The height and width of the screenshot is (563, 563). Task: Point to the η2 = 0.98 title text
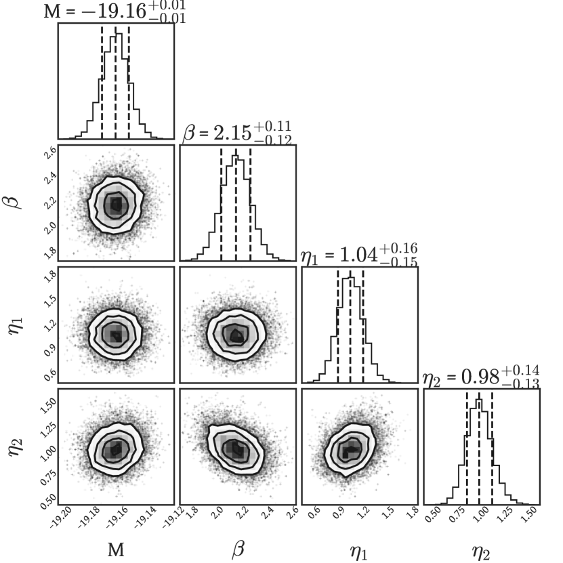pyautogui.click(x=481, y=377)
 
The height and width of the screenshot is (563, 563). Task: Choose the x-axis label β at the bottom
pyautogui.click(x=238, y=549)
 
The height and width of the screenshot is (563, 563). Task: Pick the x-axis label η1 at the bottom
pyautogui.click(x=360, y=549)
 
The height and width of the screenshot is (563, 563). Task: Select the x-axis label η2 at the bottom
pyautogui.click(x=482, y=549)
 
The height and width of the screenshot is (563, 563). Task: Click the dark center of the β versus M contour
pyautogui.click(x=116, y=203)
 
